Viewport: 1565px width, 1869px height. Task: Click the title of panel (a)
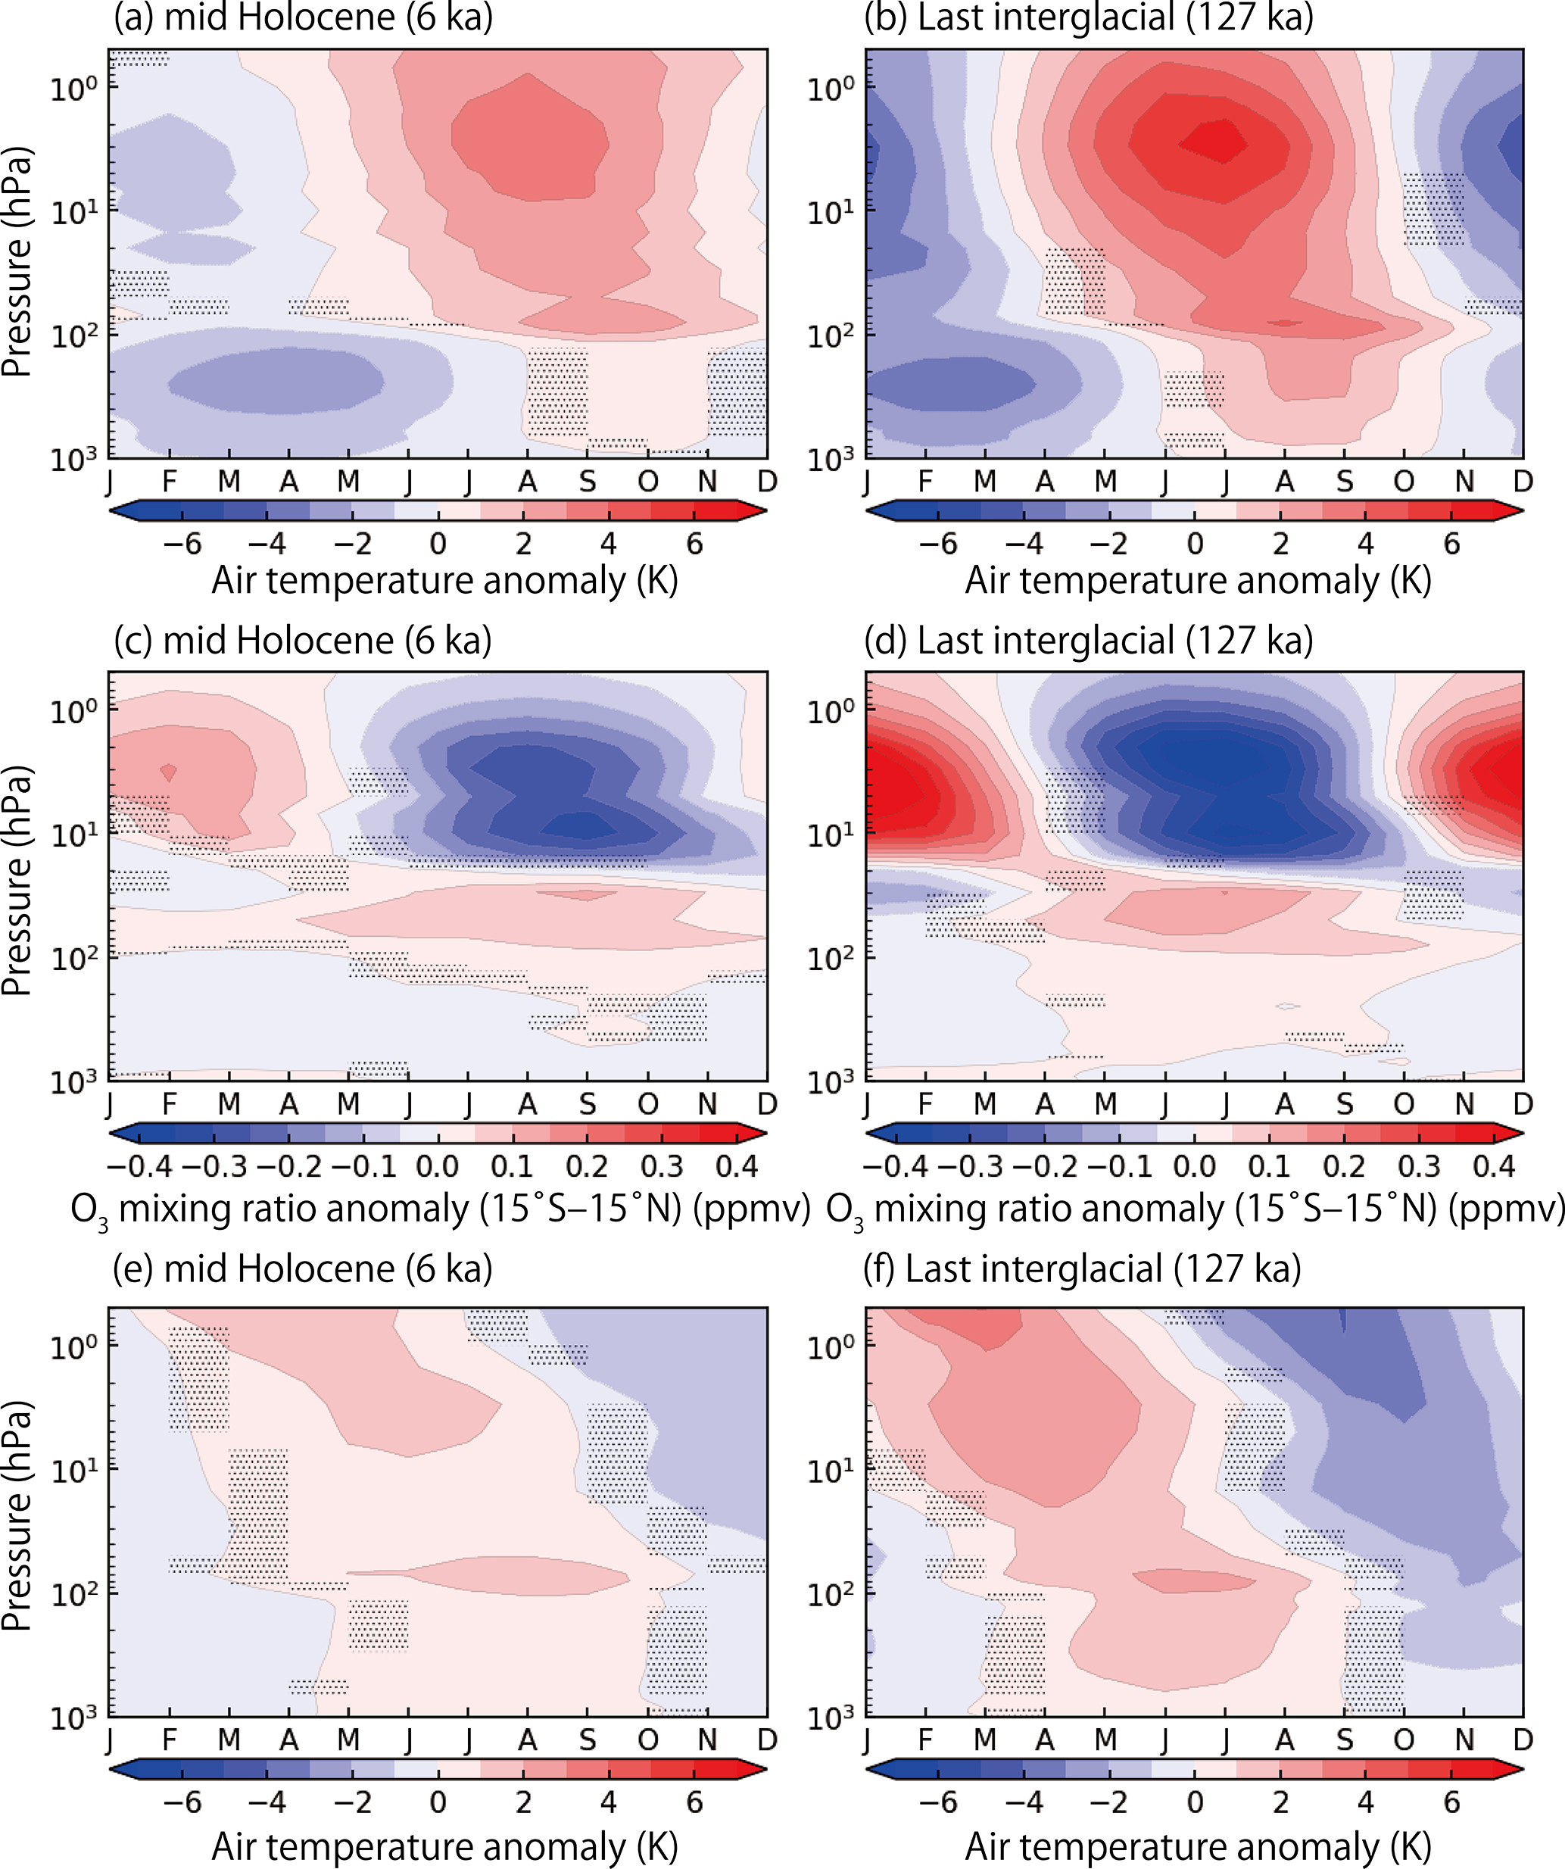coord(303,18)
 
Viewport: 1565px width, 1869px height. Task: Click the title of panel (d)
coord(1088,641)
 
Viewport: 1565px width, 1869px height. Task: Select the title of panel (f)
coord(1082,1269)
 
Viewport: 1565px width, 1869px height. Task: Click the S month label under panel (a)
coord(588,482)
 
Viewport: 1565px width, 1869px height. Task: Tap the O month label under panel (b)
coord(1404,482)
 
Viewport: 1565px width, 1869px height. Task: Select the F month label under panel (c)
coord(169,1104)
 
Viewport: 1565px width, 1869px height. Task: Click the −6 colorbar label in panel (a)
coord(182,543)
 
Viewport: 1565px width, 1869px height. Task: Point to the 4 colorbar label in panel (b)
coord(1366,543)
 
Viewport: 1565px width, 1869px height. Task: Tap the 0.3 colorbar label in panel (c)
coord(662,1166)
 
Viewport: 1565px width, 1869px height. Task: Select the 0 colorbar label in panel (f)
coord(1195,1802)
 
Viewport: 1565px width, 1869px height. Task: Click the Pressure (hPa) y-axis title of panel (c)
coord(18,881)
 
